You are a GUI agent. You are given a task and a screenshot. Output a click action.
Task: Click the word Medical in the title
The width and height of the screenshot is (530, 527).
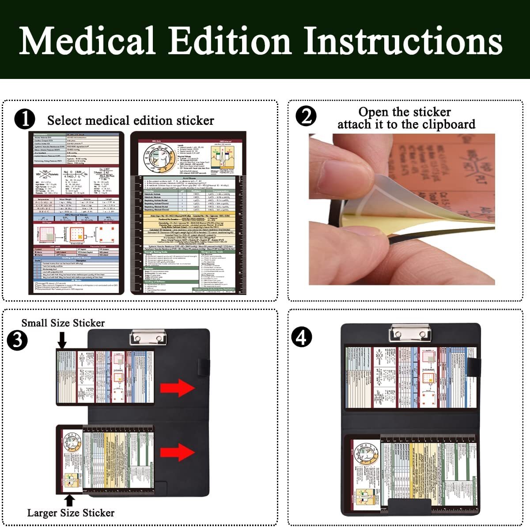tap(87, 41)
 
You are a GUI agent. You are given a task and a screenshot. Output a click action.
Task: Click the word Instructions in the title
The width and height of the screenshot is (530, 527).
tap(402, 41)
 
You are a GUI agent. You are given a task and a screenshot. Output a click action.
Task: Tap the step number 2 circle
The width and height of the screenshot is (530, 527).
tap(306, 116)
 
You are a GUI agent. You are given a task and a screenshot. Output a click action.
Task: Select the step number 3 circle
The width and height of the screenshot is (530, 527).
tap(18, 340)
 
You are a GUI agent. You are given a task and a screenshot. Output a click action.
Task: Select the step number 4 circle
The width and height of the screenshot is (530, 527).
tap(302, 337)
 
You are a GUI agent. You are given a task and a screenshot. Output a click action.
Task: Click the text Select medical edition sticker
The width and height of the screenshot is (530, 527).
tap(130, 120)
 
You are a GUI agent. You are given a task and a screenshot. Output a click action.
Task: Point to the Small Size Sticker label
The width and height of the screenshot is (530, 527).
tap(63, 323)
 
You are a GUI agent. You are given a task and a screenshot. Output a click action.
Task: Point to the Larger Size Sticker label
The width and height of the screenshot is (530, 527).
tap(71, 512)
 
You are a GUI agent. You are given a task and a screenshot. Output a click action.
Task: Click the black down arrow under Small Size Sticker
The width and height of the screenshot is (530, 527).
tap(62, 340)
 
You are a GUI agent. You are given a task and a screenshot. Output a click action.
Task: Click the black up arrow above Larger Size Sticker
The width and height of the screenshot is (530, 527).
tap(70, 500)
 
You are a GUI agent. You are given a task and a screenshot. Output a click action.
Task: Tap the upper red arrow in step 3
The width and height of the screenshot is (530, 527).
tap(177, 388)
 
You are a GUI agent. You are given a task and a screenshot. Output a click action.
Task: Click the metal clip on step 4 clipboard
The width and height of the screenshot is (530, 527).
tap(409, 333)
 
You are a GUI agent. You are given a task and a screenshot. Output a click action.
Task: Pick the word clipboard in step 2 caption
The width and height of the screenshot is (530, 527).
tap(449, 124)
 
